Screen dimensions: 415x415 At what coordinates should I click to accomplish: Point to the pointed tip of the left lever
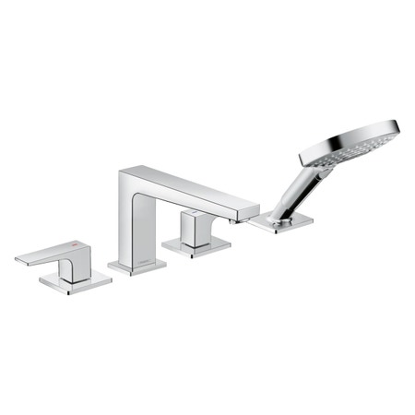(20, 259)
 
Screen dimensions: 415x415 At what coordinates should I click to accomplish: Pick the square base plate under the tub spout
(136, 267)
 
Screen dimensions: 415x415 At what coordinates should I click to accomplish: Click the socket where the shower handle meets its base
(280, 213)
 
